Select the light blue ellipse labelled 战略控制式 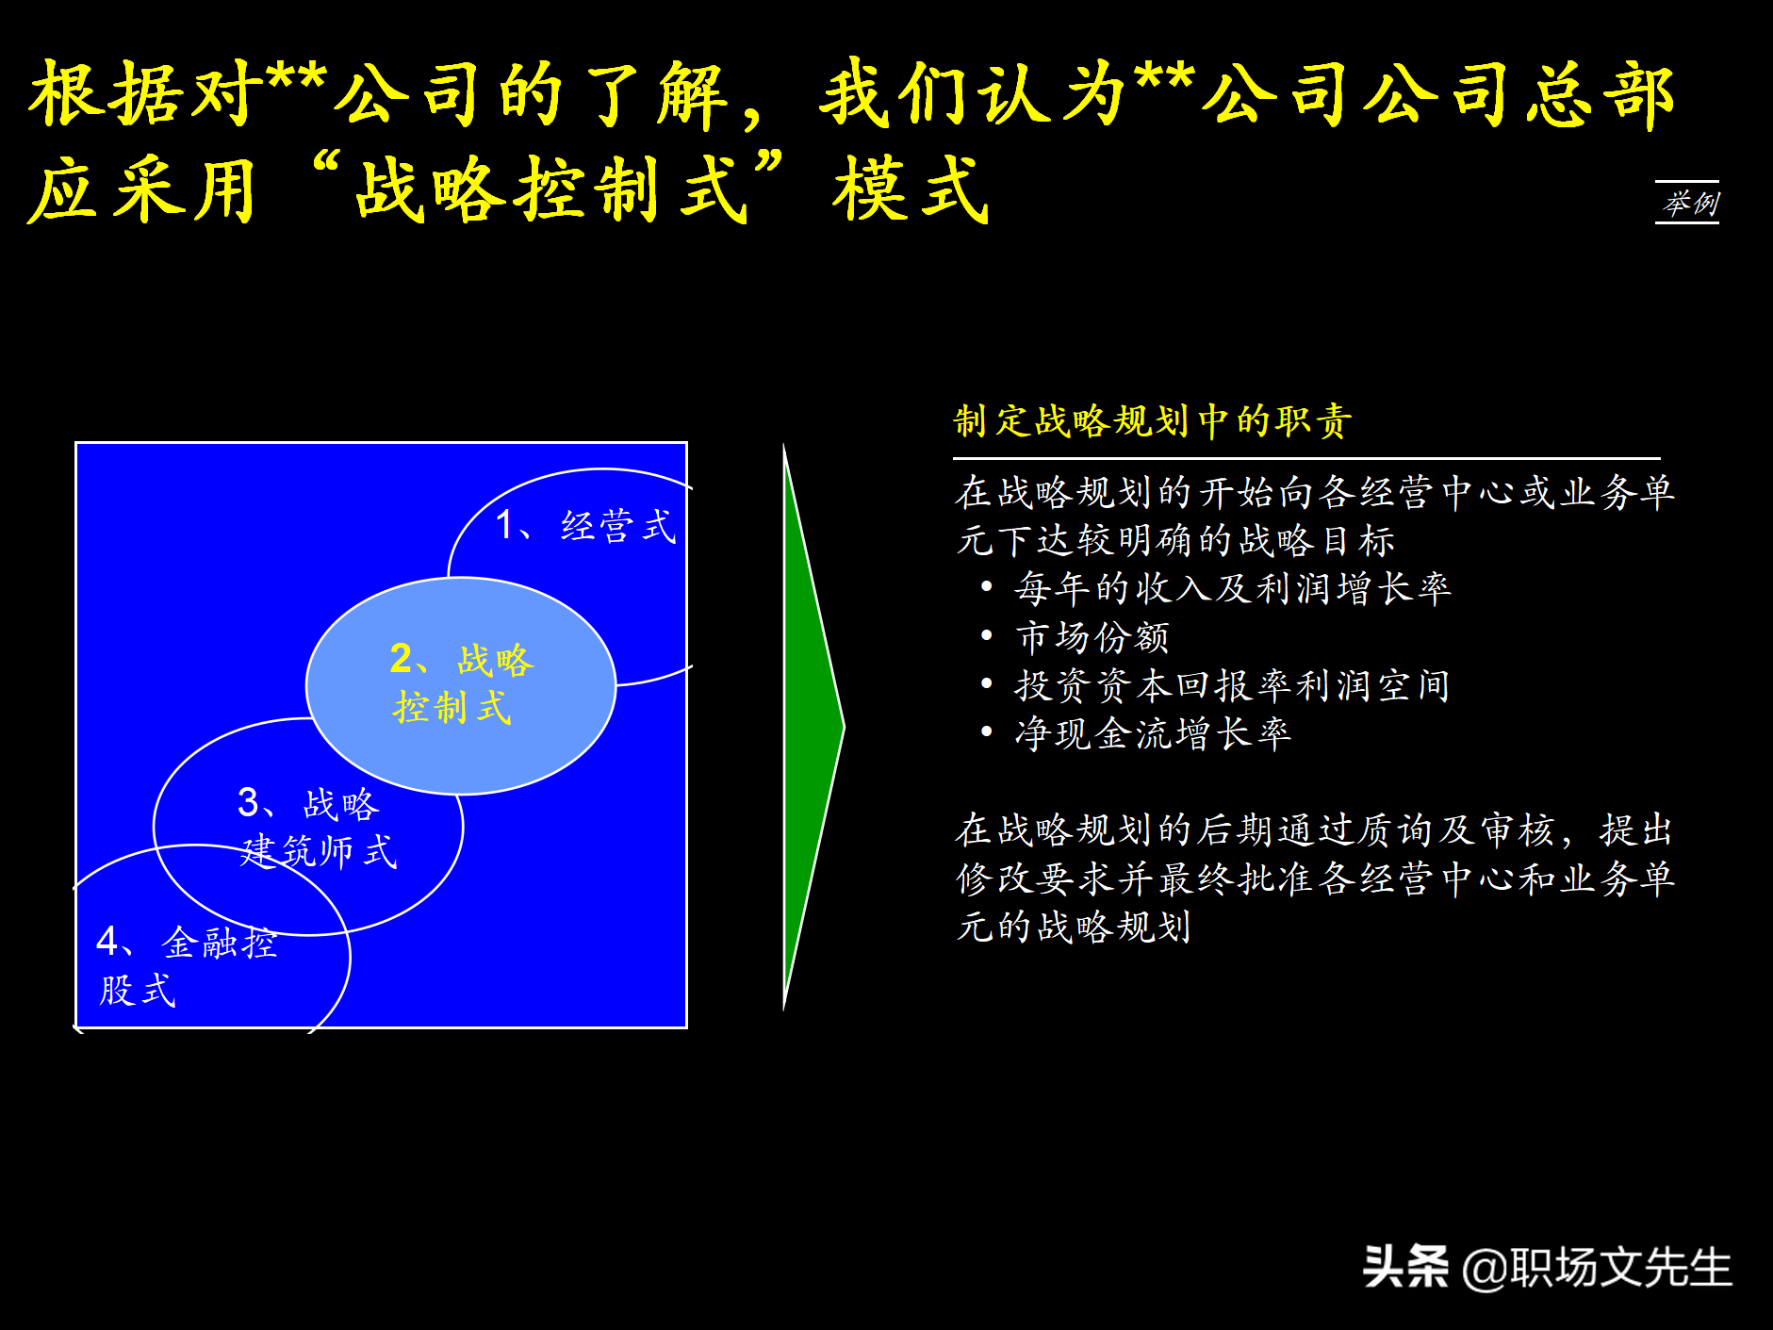tap(461, 685)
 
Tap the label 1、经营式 tap(585, 525)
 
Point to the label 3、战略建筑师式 tap(317, 828)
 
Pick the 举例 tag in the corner tap(1687, 203)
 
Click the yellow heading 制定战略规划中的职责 tap(1153, 420)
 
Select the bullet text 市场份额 tap(1092, 637)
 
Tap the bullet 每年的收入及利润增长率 tap(1232, 588)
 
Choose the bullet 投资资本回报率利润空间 tap(1231, 685)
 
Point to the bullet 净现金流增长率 tap(1152, 733)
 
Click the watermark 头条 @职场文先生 tap(1547, 1267)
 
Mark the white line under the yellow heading tap(1305, 459)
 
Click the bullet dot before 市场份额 tap(986, 636)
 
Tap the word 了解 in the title tap(656, 94)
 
